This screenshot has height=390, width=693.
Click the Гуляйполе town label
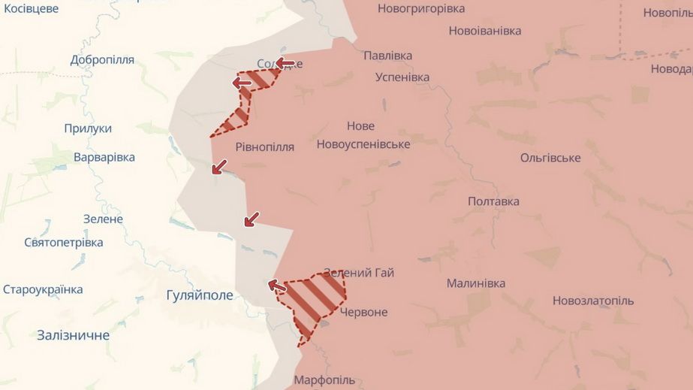(x=200, y=295)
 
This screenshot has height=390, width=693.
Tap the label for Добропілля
(x=102, y=59)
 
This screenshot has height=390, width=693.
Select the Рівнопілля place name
(x=264, y=147)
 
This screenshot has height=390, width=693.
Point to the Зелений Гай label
(x=358, y=273)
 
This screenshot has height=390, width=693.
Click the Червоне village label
(x=363, y=312)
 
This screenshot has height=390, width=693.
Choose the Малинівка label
(x=475, y=283)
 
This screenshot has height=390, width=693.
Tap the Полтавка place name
(x=493, y=201)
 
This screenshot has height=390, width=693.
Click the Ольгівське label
(x=550, y=158)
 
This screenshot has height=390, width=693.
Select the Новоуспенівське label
(x=363, y=144)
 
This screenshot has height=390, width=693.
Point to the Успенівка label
(x=402, y=77)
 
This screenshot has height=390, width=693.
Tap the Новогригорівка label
(x=420, y=9)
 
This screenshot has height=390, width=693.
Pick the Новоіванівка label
(x=484, y=31)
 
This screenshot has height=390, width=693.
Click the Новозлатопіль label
(x=593, y=301)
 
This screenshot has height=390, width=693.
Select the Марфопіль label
(x=324, y=379)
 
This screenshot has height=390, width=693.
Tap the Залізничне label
(x=73, y=335)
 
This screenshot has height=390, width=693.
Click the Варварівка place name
(x=104, y=157)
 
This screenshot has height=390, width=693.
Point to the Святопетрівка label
(x=64, y=243)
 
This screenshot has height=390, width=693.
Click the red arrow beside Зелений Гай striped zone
(x=277, y=286)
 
